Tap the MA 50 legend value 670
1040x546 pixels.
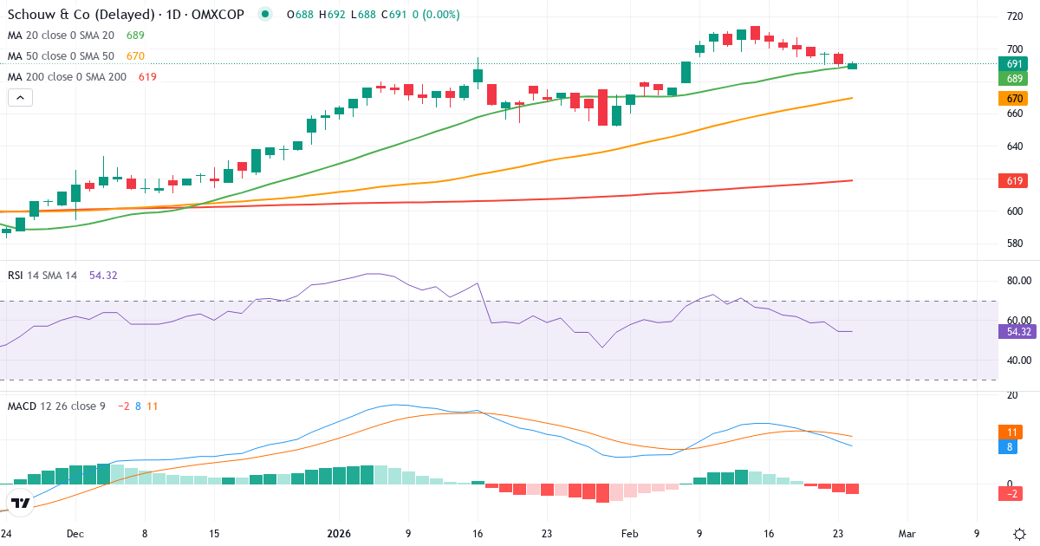pyautogui.click(x=135, y=56)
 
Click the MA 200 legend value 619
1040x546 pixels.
pyautogui.click(x=146, y=77)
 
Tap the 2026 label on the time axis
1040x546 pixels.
pyautogui.click(x=337, y=534)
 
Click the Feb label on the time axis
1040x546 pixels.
pyautogui.click(x=629, y=534)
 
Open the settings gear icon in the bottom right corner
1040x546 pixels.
pyautogui.click(x=1020, y=533)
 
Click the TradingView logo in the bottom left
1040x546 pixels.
pyautogui.click(x=19, y=503)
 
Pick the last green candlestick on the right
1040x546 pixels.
pyautogui.click(x=852, y=66)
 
